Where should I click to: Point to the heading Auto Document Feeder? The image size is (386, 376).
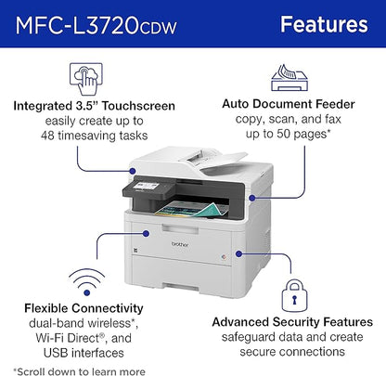coord(300,118)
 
